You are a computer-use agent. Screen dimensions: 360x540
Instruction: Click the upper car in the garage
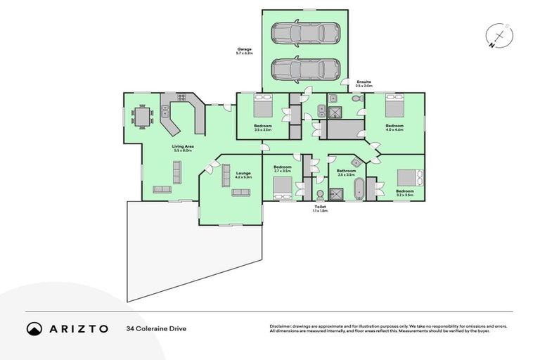click(305, 32)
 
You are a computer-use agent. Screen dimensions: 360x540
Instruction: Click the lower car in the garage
click(305, 69)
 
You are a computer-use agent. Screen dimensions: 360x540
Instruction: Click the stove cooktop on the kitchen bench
click(181, 98)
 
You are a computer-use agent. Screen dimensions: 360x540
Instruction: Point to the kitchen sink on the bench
click(165, 110)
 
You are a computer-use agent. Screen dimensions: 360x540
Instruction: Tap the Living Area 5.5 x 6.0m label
click(184, 148)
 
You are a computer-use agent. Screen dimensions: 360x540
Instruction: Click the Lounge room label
click(243, 175)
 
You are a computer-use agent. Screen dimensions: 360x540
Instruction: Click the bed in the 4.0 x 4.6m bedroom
click(394, 107)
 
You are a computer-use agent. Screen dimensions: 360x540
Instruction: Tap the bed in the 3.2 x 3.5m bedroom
click(409, 177)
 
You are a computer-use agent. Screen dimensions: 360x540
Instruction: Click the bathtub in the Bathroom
click(358, 189)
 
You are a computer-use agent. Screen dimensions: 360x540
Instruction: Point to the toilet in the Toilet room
click(320, 194)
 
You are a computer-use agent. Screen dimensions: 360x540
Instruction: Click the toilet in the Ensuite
click(356, 100)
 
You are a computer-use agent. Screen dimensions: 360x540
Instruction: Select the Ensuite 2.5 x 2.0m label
click(364, 84)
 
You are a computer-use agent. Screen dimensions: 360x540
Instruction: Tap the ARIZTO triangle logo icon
click(34, 328)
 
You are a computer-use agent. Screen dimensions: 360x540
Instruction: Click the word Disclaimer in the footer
click(281, 327)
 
